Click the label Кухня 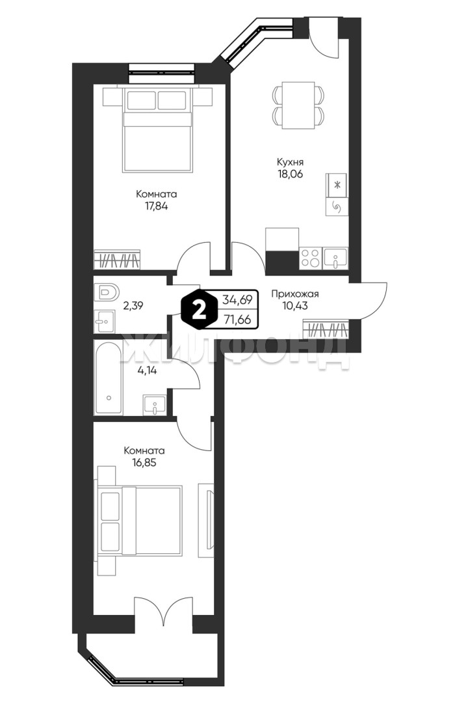(290, 161)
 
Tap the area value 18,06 (289, 174)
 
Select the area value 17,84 (156, 207)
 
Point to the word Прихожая (294, 294)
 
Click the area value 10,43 (295, 306)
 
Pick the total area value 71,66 (237, 320)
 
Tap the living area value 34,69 (237, 299)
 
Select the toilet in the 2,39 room (106, 293)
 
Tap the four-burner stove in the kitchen (310, 258)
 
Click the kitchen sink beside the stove (335, 258)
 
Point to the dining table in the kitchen (298, 105)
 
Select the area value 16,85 (144, 463)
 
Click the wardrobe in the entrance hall (326, 329)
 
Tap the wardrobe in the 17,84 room (117, 260)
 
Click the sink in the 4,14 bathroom (155, 405)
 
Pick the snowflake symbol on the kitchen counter (338, 184)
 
